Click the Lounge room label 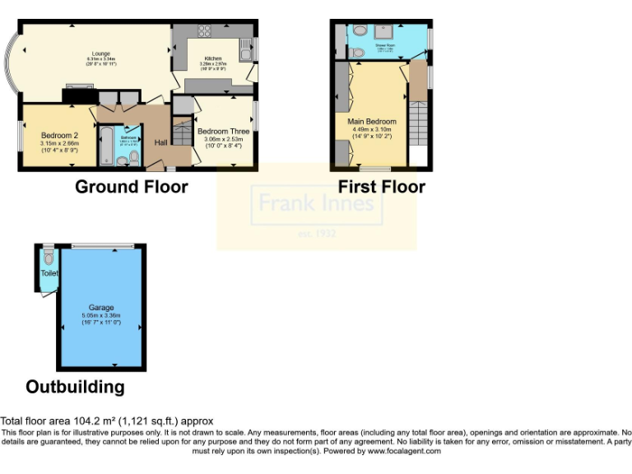(101, 53)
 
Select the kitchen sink (245, 51)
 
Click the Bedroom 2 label (59, 136)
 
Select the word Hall (162, 143)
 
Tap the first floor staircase (418, 123)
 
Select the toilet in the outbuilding (47, 258)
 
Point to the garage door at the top (103, 246)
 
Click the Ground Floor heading (131, 187)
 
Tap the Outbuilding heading (75, 387)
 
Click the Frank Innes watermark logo (317, 202)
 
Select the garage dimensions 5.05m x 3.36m (101, 316)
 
